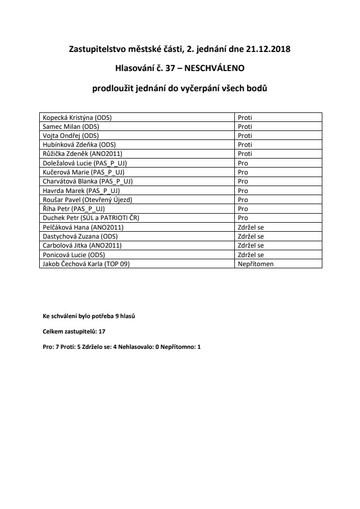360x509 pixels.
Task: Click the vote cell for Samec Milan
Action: tap(245, 127)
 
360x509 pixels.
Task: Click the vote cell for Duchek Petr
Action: tap(243, 217)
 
